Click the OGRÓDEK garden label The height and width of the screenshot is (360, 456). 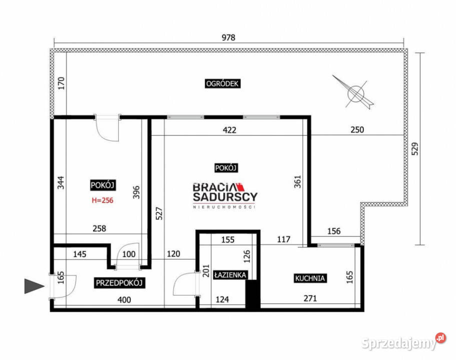click(222, 83)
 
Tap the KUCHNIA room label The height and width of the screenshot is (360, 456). click(310, 278)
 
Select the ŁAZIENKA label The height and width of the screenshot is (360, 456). click(230, 275)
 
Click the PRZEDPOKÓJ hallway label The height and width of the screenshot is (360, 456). click(119, 282)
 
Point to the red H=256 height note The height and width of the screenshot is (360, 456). click(103, 200)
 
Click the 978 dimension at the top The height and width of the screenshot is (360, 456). click(229, 37)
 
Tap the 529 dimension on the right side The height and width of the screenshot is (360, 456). click(415, 148)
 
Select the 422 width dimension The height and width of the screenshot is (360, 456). click(229, 130)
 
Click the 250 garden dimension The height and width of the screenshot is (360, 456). click(357, 129)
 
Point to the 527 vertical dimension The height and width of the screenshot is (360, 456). click(159, 213)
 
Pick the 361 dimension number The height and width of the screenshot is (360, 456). click(297, 182)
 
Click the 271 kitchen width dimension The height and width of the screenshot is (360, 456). click(310, 298)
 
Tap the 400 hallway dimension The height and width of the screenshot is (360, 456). click(124, 299)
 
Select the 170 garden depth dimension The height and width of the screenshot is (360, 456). click(61, 83)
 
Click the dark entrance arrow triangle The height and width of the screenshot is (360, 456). click(35, 286)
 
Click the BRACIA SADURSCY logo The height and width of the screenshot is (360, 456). click(225, 195)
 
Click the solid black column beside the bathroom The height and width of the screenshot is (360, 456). click(253, 294)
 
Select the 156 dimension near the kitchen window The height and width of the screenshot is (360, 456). click(334, 231)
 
